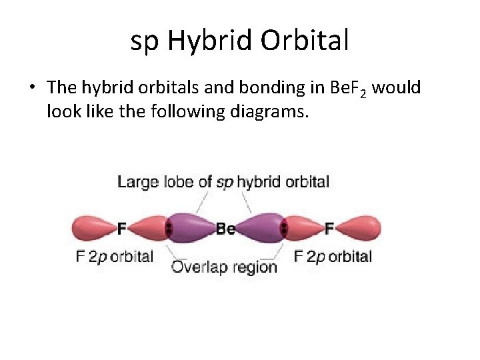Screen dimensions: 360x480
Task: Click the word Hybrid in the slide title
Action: click(x=210, y=41)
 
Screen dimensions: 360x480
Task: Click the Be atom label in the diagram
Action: click(x=225, y=229)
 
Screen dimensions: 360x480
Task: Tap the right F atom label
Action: click(x=329, y=229)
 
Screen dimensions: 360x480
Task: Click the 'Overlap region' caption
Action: click(x=224, y=267)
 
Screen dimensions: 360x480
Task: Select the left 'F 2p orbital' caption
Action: click(x=115, y=256)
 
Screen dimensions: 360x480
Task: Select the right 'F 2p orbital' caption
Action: click(x=333, y=256)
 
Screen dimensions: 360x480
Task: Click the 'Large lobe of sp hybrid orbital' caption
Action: click(x=223, y=181)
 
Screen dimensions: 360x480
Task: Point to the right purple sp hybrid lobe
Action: click(x=260, y=228)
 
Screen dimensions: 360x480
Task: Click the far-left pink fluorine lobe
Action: click(x=92, y=229)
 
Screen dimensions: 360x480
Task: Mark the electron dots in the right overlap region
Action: click(x=284, y=229)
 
